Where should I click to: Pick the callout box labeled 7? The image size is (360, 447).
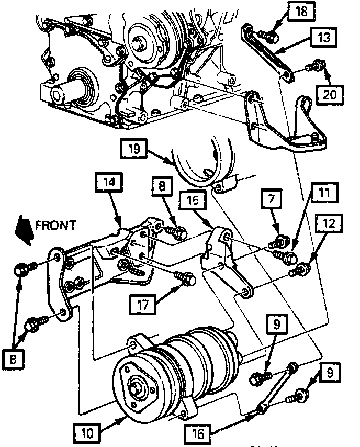click(276, 199)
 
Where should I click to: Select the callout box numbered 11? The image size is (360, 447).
click(324, 193)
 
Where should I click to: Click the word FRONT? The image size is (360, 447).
click(55, 226)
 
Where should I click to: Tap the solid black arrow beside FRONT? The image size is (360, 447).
click(24, 229)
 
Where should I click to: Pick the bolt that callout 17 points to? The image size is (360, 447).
click(187, 278)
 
